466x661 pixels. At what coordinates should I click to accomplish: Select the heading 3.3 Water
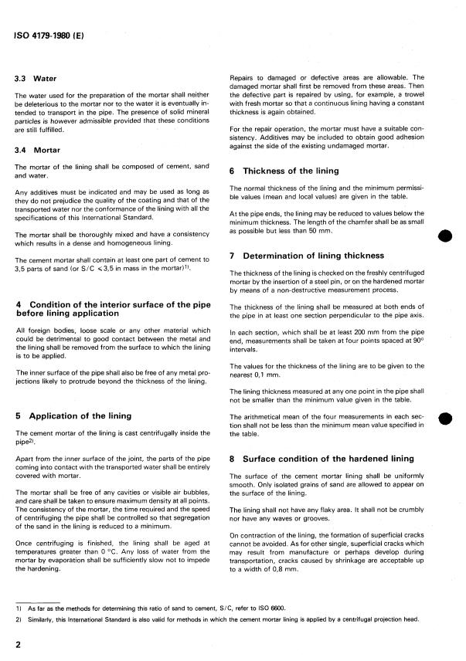coord(40,79)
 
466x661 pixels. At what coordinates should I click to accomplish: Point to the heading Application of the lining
coord(76,415)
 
